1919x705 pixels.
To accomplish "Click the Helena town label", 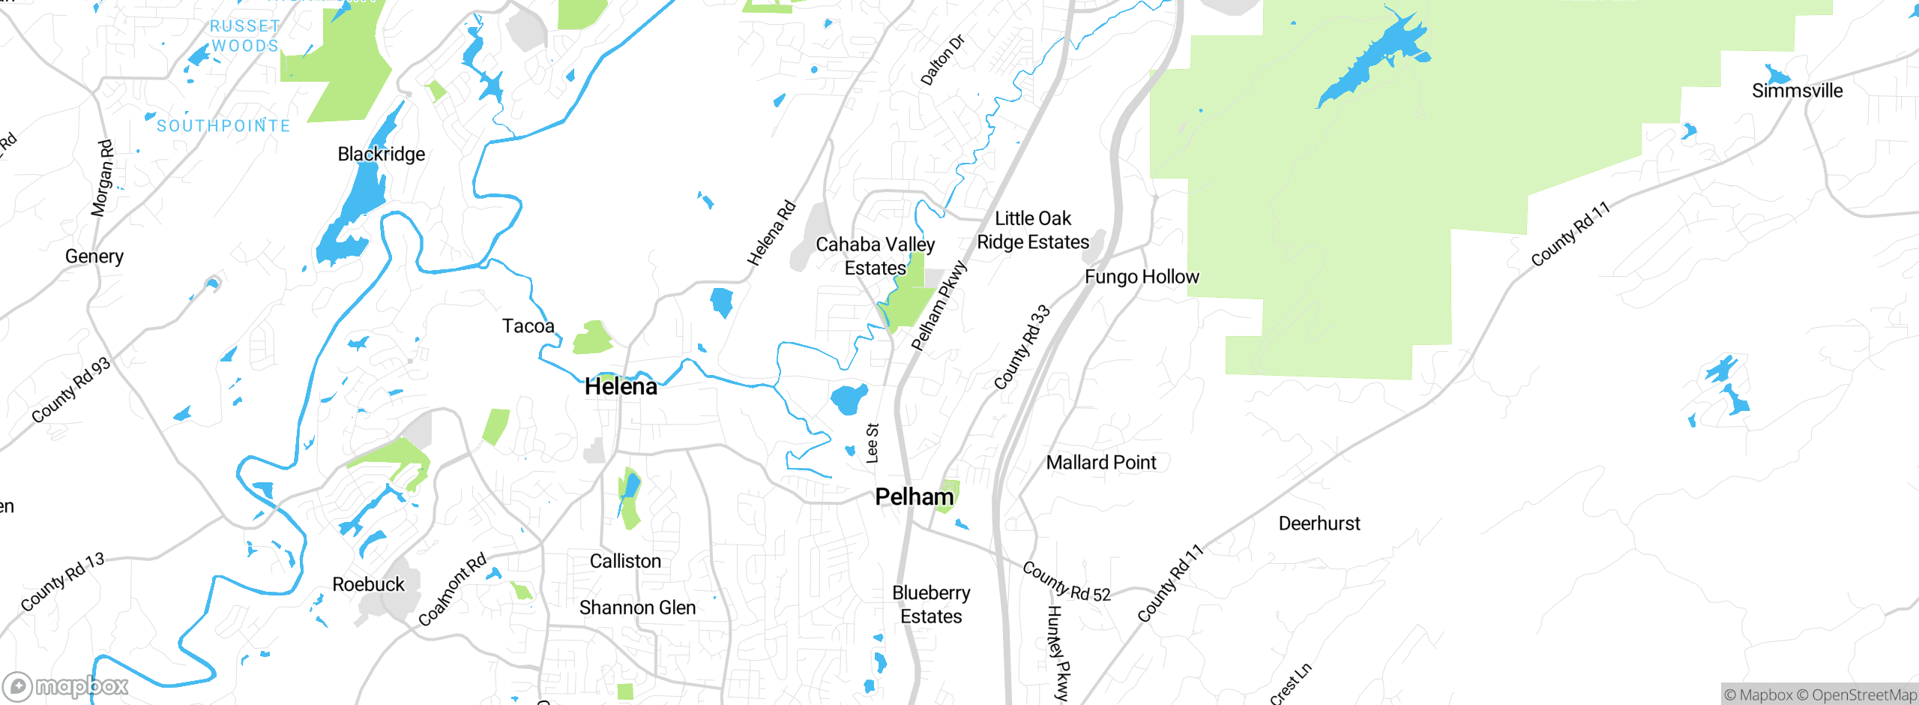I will coord(621,387).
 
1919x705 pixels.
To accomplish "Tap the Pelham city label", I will coord(915,496).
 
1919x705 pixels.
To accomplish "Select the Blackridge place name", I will coord(381,154).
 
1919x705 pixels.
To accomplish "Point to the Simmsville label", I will coord(1797,91).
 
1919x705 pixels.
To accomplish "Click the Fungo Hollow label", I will coord(1142,277).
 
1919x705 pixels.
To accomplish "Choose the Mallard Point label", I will coord(1100,463).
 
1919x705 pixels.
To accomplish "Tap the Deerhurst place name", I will coord(1319,523).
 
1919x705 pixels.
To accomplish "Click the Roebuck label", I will coord(368,584).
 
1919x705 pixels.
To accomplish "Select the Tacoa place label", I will coord(528,326).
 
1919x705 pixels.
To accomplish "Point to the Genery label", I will coord(94,256).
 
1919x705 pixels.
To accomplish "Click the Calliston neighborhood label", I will coord(625,561).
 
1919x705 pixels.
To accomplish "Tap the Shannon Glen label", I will coord(637,607).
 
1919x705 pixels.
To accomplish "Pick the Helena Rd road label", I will coord(771,233).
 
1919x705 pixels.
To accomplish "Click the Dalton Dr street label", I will coord(942,60).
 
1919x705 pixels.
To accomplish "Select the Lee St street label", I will coord(873,442).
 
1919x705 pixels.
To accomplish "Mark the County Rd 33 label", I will coord(1022,347).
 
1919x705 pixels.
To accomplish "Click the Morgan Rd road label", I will coord(102,178).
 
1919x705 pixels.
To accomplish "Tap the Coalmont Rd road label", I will coord(452,589).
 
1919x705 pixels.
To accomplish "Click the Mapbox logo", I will coord(66,686).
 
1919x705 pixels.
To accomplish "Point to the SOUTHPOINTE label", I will coord(223,126).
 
